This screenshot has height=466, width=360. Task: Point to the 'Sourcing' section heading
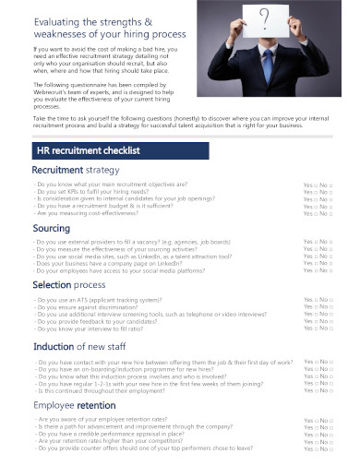click(51, 227)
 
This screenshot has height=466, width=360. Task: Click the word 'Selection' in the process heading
click(52, 285)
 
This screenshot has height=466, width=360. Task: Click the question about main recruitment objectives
click(111, 184)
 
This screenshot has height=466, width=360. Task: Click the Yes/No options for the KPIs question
click(318, 192)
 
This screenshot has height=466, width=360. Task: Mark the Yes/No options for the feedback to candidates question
click(318, 323)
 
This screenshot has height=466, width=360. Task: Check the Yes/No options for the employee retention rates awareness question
click(318, 421)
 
